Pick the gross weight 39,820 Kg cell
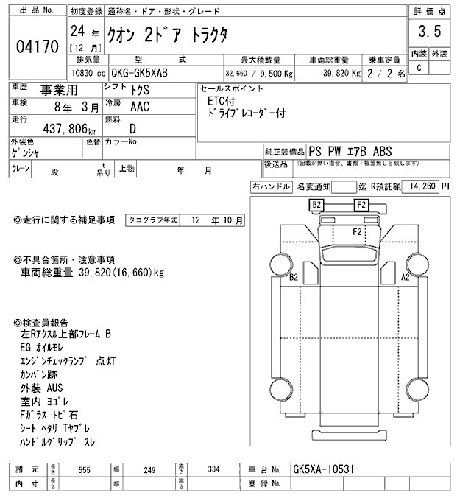pyautogui.click(x=337, y=74)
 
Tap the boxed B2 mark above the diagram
pyautogui.click(x=317, y=204)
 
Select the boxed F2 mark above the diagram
pyautogui.click(x=361, y=204)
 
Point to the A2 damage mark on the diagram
pyautogui.click(x=404, y=277)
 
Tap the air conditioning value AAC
pyautogui.click(x=139, y=106)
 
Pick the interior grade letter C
pyautogui.click(x=419, y=68)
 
